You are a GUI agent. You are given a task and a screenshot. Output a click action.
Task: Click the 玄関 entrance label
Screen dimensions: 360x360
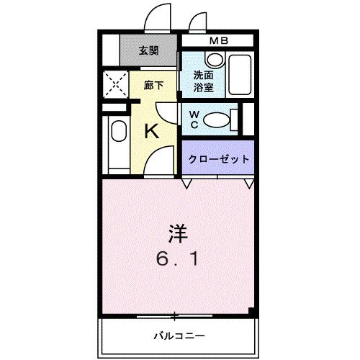tap(149, 50)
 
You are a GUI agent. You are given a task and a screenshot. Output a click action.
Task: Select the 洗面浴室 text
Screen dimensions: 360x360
tap(203, 81)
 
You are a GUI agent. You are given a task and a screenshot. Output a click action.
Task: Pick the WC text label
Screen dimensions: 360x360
tap(195, 119)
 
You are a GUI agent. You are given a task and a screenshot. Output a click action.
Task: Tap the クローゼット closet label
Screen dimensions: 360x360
tap(218, 158)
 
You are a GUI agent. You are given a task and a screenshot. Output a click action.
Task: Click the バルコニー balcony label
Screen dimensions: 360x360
tap(179, 335)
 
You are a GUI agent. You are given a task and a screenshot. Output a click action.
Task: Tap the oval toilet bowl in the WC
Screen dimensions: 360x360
tap(219, 119)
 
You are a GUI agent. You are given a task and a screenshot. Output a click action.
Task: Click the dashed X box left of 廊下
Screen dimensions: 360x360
tap(114, 84)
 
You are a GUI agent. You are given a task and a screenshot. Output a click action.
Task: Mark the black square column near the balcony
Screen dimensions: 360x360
tap(251, 311)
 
